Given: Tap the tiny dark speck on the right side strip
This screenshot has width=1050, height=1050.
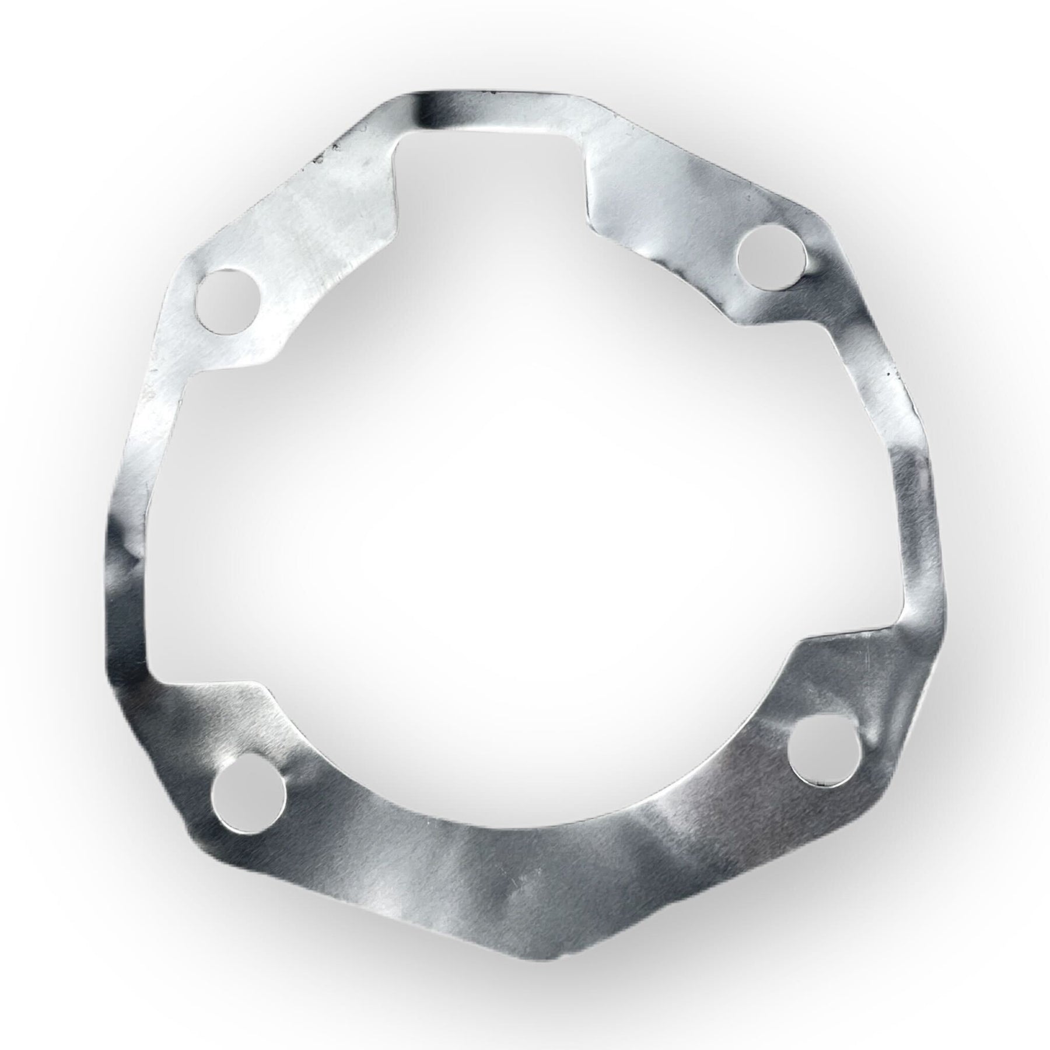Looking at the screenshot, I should click(891, 371).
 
